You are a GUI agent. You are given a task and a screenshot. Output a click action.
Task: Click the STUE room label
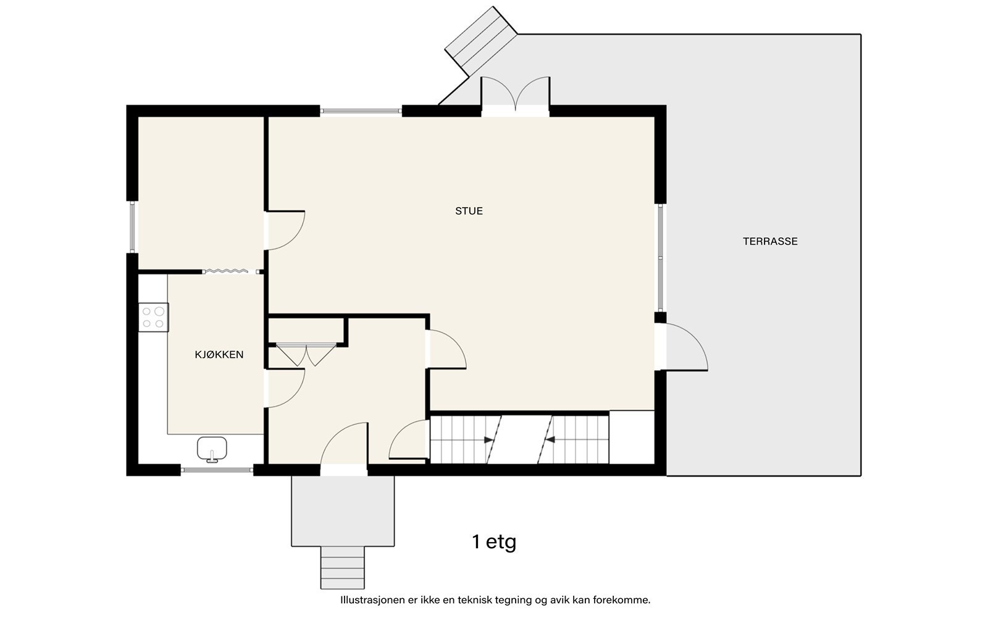coord(469,211)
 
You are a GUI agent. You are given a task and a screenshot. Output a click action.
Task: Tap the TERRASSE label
coord(770,242)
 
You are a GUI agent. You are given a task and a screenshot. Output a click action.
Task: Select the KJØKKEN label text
coord(219,355)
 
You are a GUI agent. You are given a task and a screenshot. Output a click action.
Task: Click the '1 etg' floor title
coord(494,541)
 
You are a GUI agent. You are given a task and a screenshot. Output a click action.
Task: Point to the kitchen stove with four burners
coord(154,318)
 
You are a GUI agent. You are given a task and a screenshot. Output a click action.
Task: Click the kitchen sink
coord(212,449)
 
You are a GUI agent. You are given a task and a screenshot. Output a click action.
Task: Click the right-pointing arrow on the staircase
coord(488,439)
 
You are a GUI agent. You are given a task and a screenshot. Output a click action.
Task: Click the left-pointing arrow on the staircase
coord(550,439)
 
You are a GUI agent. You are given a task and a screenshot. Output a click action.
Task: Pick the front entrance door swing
coord(344,444)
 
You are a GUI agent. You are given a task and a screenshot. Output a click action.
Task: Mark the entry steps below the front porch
coord(343,568)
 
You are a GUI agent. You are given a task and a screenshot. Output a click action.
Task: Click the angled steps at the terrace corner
coord(481,41)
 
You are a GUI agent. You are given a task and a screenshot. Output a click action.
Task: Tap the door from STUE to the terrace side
coord(682,347)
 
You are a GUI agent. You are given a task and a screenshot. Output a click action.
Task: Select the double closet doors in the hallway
coord(306,355)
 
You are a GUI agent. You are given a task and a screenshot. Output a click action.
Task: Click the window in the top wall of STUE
coord(361,111)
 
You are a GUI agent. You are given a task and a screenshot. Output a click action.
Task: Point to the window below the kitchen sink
coord(217,470)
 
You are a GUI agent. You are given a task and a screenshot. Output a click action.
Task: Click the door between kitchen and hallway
coord(285,388)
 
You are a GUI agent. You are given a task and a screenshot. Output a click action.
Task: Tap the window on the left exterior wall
coord(132,227)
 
